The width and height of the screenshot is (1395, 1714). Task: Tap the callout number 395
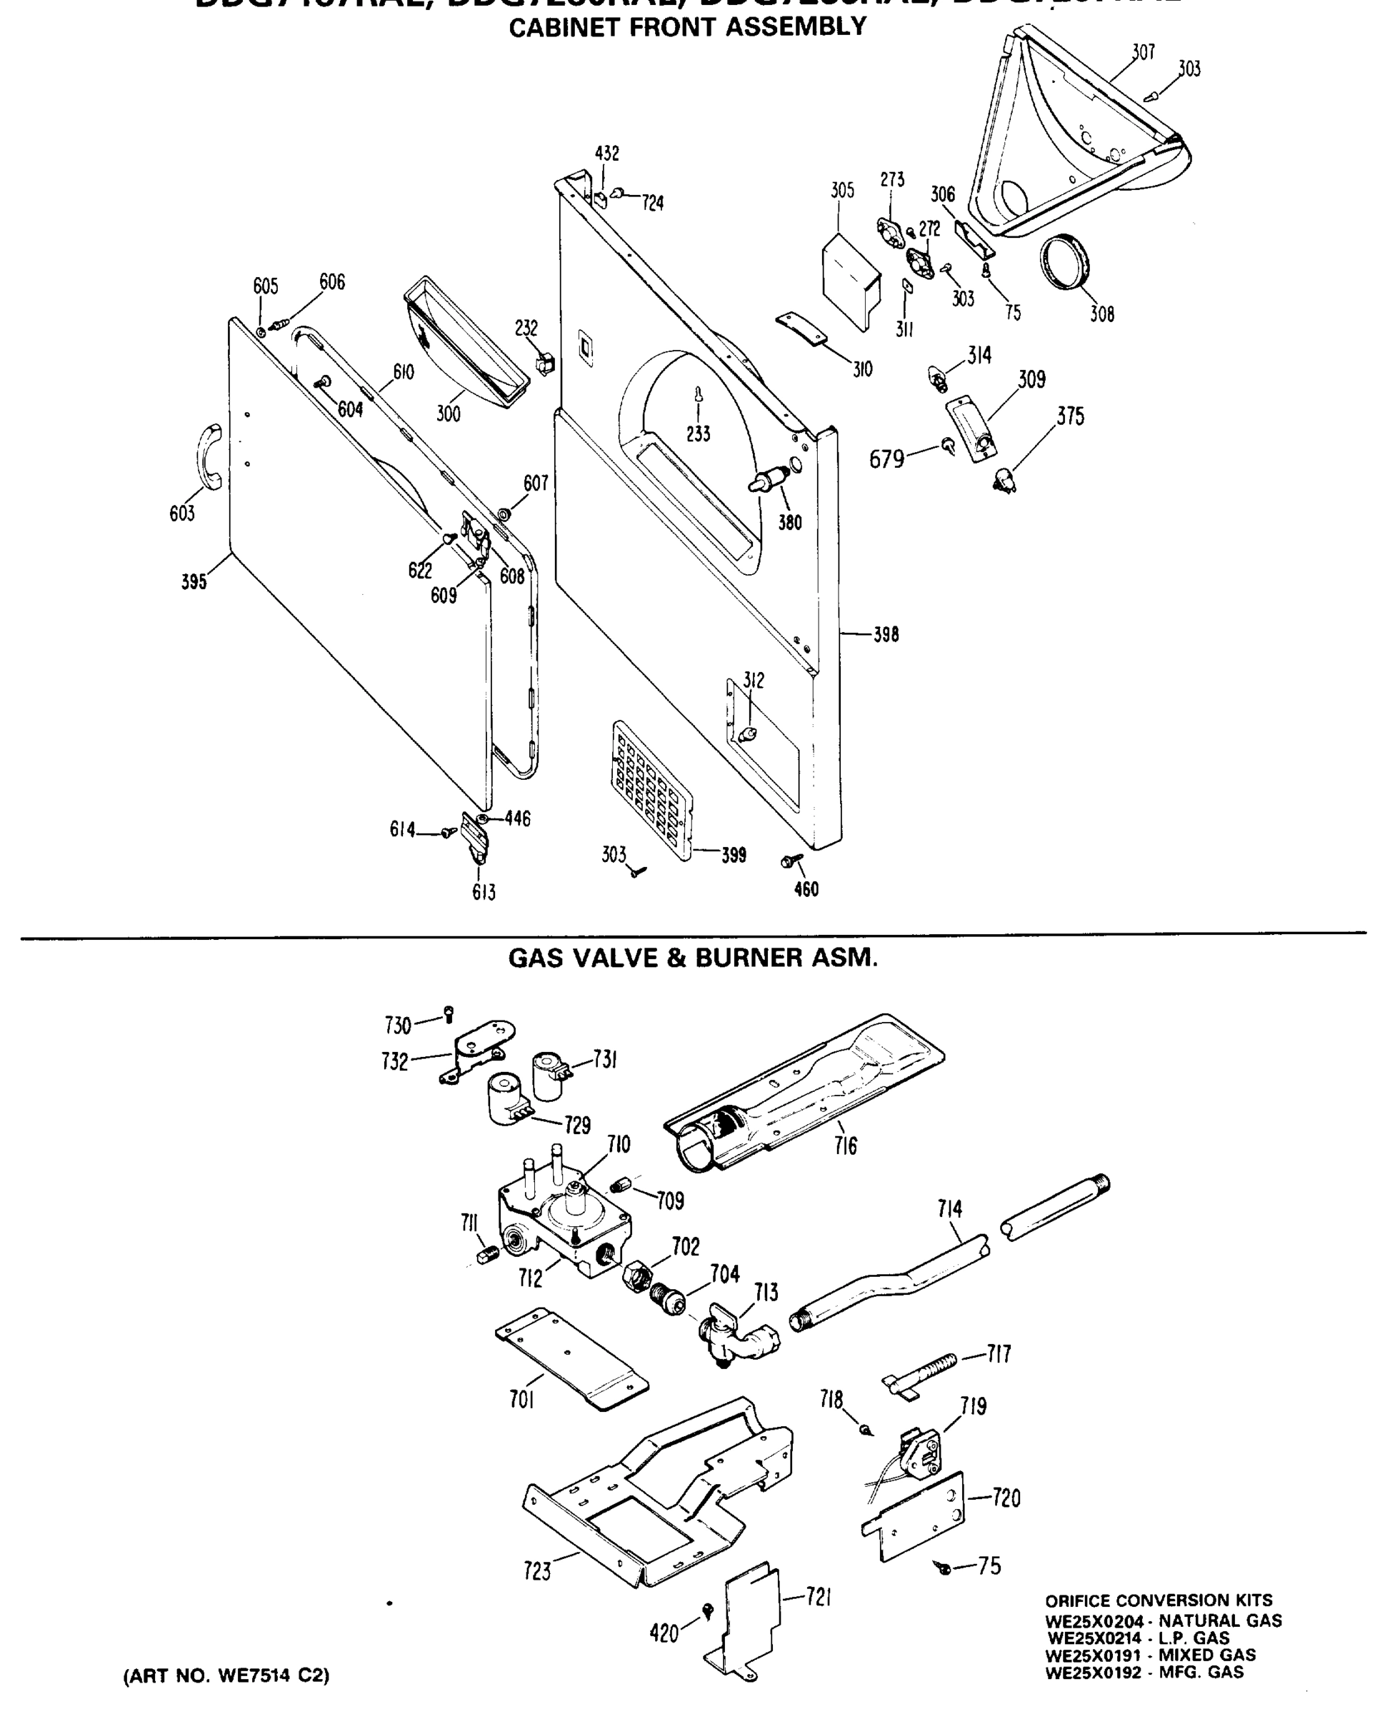(x=194, y=582)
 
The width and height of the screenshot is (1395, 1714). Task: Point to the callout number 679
(x=886, y=460)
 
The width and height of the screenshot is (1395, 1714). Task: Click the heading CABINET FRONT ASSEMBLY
(x=688, y=27)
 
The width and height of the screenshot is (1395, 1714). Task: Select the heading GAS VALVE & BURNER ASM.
(x=693, y=958)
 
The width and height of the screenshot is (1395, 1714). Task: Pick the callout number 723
(x=537, y=1570)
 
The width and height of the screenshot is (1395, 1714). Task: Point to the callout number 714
(x=949, y=1208)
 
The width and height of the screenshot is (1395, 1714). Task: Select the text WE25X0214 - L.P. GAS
(x=1138, y=1638)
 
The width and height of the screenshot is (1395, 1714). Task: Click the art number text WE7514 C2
(x=226, y=1675)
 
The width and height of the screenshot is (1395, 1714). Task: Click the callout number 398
(x=886, y=635)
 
